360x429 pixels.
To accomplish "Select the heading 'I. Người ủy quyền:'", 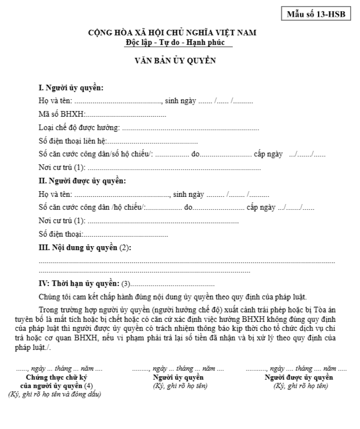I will tap(71, 88).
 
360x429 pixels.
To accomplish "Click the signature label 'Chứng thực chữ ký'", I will tap(57, 378).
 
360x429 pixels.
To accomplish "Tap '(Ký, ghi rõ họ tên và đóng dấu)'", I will tap(54, 394).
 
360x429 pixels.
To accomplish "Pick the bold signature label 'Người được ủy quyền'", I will tap(299, 378).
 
